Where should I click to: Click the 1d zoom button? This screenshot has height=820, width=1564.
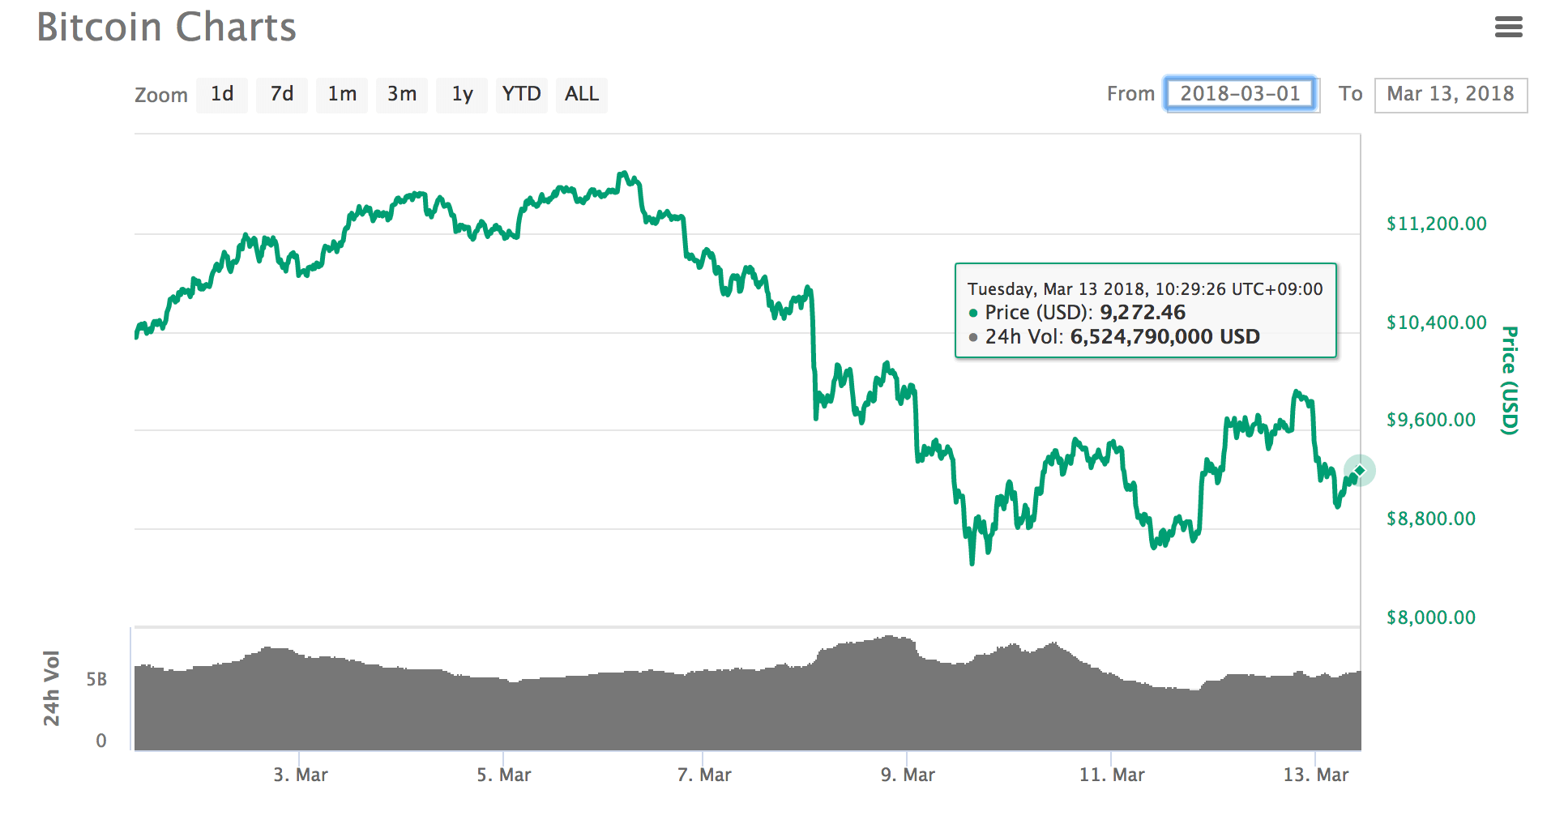tap(222, 95)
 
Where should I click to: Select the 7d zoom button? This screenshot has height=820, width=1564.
tap(282, 95)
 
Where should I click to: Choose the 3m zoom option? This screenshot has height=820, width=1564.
tap(402, 95)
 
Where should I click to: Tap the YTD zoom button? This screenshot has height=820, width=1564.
tap(521, 95)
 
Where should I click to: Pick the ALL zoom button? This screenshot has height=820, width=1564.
tap(582, 95)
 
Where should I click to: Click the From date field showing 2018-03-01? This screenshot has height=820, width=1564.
tap(1240, 94)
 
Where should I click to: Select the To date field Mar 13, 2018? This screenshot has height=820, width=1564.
tap(1451, 95)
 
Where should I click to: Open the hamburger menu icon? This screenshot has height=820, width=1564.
tap(1508, 28)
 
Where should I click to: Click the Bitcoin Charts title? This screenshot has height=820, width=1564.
tap(167, 28)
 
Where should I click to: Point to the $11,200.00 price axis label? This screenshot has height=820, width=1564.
tap(1437, 224)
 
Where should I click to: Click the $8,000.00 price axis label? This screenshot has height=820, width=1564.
tap(1431, 618)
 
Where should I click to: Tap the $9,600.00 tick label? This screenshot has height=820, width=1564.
tap(1431, 421)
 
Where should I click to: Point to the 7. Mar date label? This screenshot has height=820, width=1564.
tap(704, 775)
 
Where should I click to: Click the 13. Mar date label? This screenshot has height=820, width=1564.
tap(1316, 775)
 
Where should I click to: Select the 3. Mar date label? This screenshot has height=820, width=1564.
tap(301, 775)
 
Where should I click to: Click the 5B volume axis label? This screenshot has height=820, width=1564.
tap(96, 680)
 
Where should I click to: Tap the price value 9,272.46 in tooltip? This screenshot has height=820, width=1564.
tap(1143, 313)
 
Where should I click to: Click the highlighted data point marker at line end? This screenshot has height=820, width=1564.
tap(1360, 471)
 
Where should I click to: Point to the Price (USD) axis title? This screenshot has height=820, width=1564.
tap(1509, 380)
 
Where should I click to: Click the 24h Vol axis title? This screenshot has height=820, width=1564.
tap(51, 688)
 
